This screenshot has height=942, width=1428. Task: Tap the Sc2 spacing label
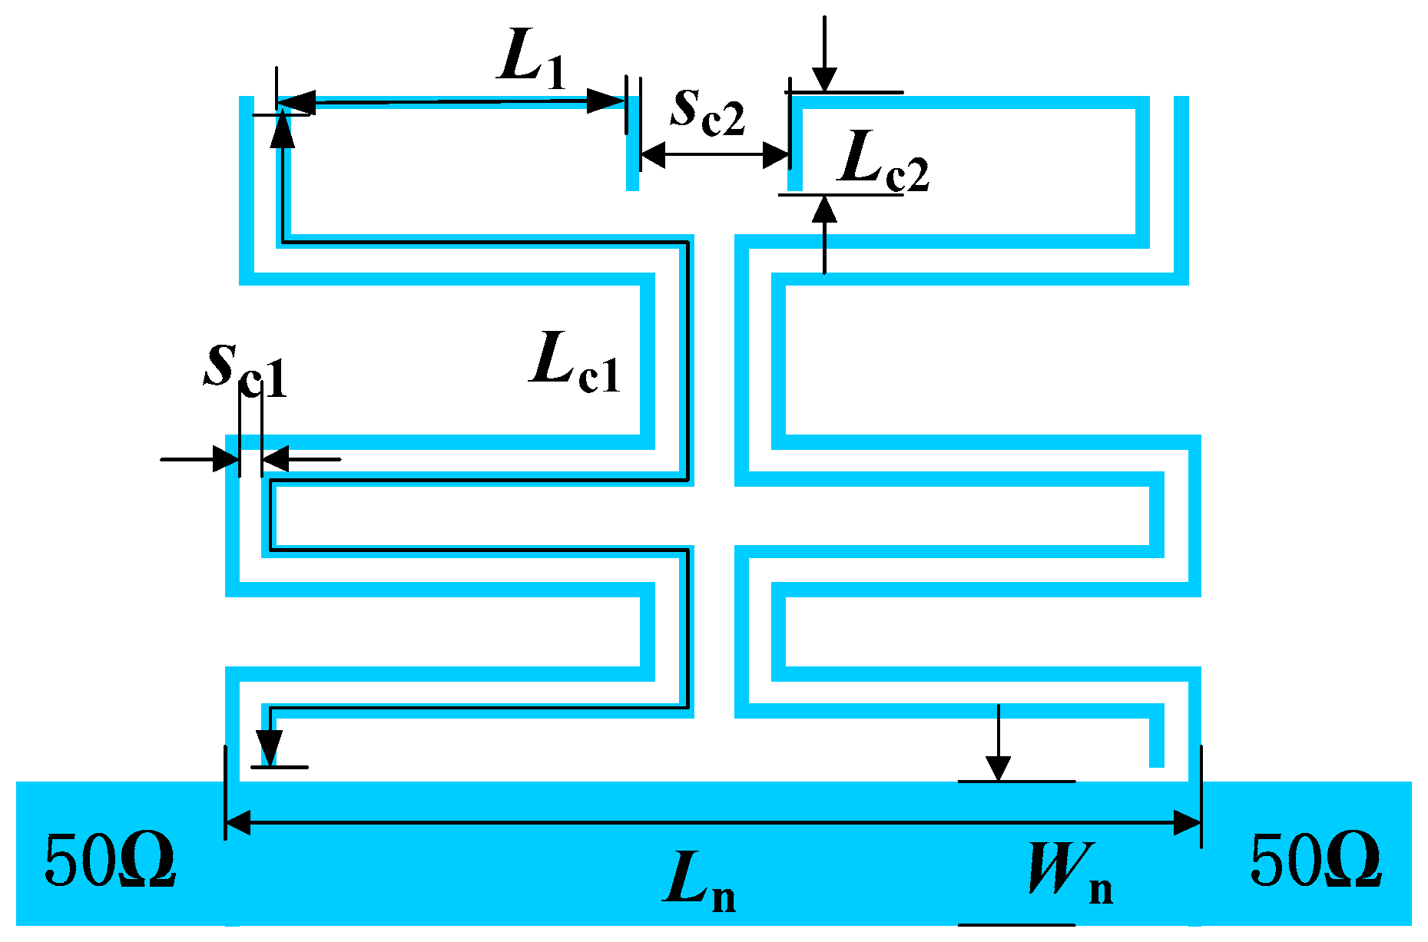click(x=707, y=111)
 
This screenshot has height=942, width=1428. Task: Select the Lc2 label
click(x=883, y=160)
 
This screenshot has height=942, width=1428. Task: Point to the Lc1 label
click(x=575, y=361)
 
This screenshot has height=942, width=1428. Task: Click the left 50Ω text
click(x=110, y=860)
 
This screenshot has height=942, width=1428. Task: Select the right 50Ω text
click(x=1316, y=860)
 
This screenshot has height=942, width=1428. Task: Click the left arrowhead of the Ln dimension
click(x=238, y=823)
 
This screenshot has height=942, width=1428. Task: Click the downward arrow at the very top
click(x=824, y=77)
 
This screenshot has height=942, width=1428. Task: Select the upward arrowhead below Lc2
click(x=824, y=211)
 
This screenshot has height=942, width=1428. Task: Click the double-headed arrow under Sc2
click(x=714, y=156)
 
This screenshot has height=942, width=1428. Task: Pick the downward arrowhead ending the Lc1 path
click(x=269, y=749)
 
